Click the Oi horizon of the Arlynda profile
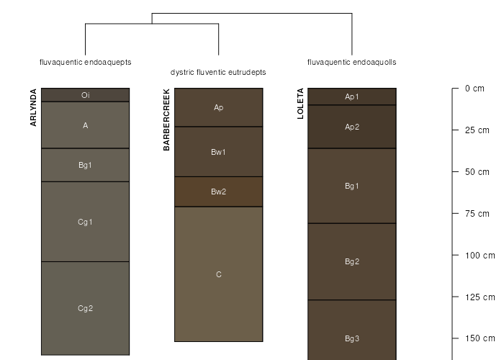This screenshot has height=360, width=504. (85, 94)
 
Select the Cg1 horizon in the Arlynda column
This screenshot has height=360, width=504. (85, 222)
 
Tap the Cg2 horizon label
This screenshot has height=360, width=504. (85, 309)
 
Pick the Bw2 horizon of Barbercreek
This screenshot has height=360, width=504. (218, 192)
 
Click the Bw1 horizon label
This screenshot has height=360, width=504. (218, 152)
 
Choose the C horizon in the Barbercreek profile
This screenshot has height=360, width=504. (218, 274)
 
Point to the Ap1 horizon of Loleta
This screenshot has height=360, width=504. (352, 96)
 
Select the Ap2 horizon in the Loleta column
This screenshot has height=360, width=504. (352, 127)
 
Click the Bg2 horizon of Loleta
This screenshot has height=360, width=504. (352, 261)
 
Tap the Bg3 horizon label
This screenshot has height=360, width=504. (352, 338)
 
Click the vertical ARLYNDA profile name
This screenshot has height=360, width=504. (33, 108)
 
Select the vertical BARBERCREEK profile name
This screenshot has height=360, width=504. (166, 120)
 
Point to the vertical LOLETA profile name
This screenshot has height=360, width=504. (300, 104)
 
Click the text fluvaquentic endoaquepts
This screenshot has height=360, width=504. (85, 63)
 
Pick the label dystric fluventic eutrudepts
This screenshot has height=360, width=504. (218, 73)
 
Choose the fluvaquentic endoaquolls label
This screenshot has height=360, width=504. (352, 63)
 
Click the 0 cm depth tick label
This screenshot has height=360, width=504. (474, 89)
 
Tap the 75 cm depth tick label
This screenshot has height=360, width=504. (477, 213)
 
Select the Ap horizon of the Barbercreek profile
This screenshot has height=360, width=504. (218, 107)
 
